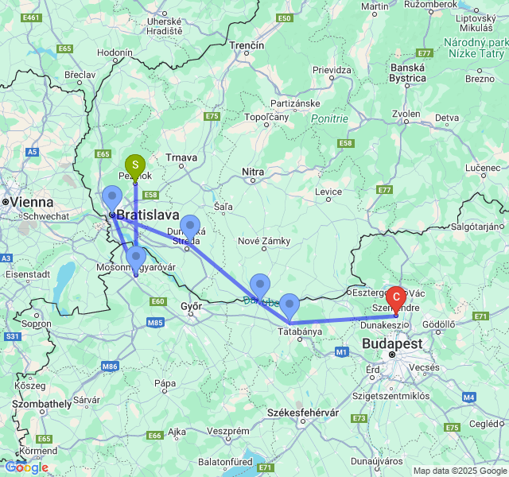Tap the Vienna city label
click(x=29, y=203)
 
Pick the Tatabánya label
click(x=300, y=331)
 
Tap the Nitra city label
click(x=253, y=172)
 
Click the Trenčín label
click(x=247, y=46)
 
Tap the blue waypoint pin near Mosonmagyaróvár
click(x=136, y=257)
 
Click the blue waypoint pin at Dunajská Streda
click(x=189, y=226)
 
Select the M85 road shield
click(x=155, y=322)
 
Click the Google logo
click(x=26, y=467)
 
